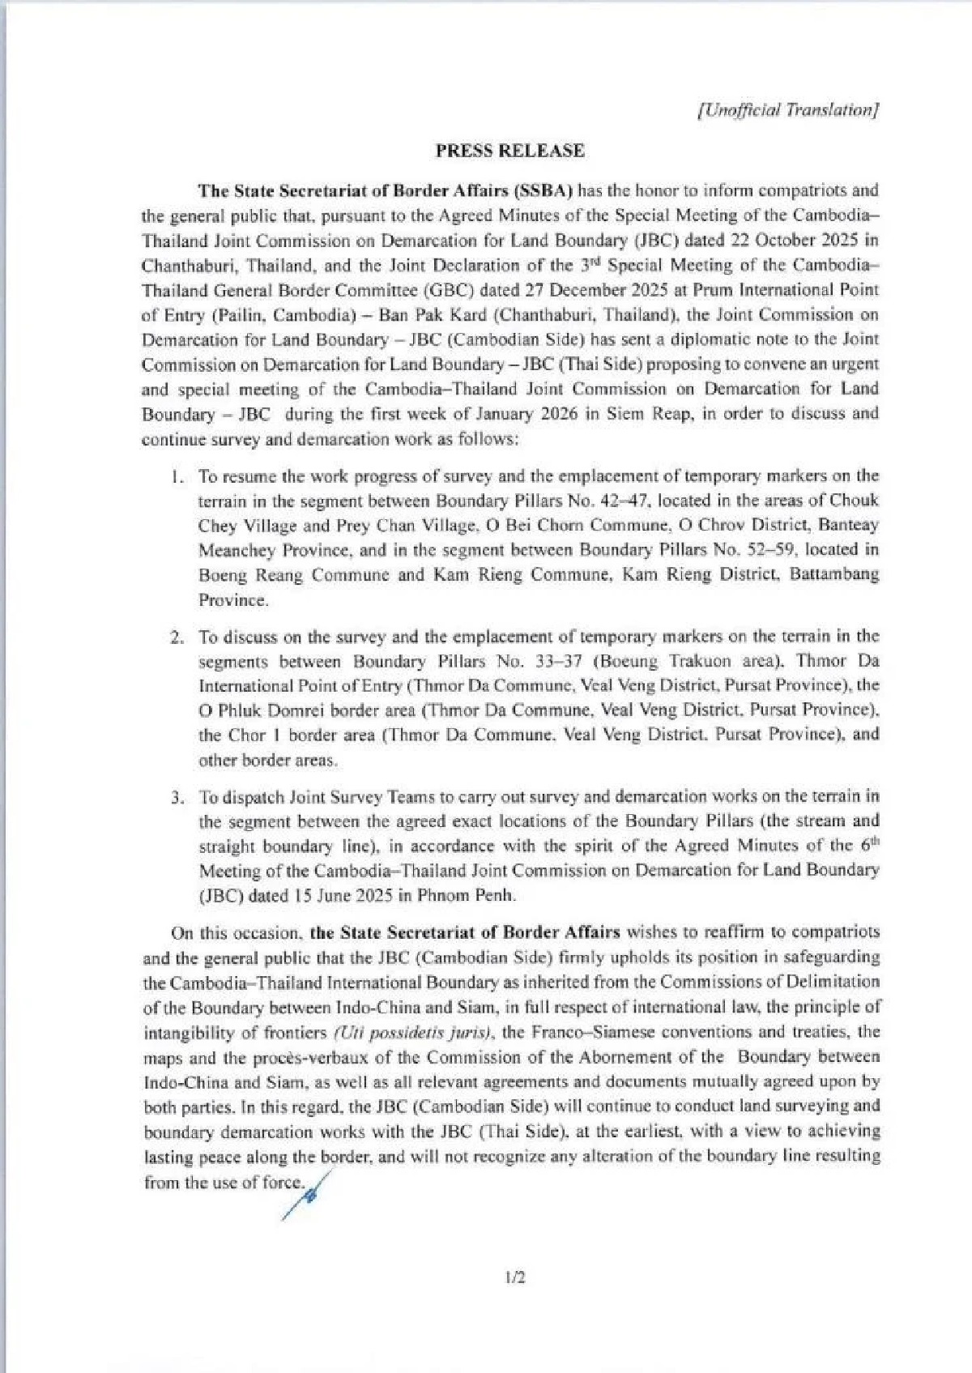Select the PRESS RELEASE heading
tap(510, 151)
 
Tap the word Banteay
tap(846, 525)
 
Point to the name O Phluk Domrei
tap(258, 710)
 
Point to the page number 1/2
tap(514, 1278)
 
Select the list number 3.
tap(176, 797)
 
